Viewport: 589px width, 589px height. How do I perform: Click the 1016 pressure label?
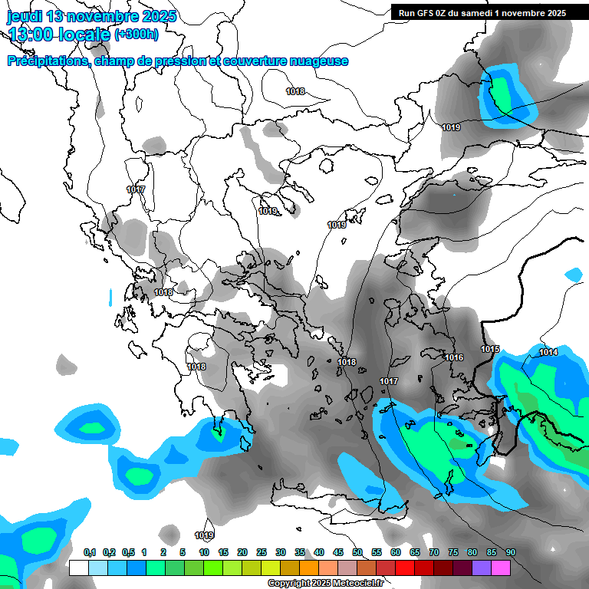454,357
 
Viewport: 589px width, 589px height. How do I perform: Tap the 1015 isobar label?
491,350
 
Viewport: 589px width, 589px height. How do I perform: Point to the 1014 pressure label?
548,352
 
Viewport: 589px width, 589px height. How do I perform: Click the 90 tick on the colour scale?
510,552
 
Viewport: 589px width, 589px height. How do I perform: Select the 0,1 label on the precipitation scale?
90,552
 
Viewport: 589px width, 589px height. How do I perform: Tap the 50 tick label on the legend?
357,552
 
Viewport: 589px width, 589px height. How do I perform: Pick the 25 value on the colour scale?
262,552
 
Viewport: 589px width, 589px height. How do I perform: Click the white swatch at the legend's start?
78,568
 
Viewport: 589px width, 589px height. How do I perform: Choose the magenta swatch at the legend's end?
501,568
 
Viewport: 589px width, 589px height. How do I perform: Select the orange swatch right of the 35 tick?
309,568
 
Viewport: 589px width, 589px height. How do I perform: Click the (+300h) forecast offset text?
137,34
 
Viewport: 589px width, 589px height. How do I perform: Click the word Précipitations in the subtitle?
46,61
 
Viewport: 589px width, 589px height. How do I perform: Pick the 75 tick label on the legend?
453,552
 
